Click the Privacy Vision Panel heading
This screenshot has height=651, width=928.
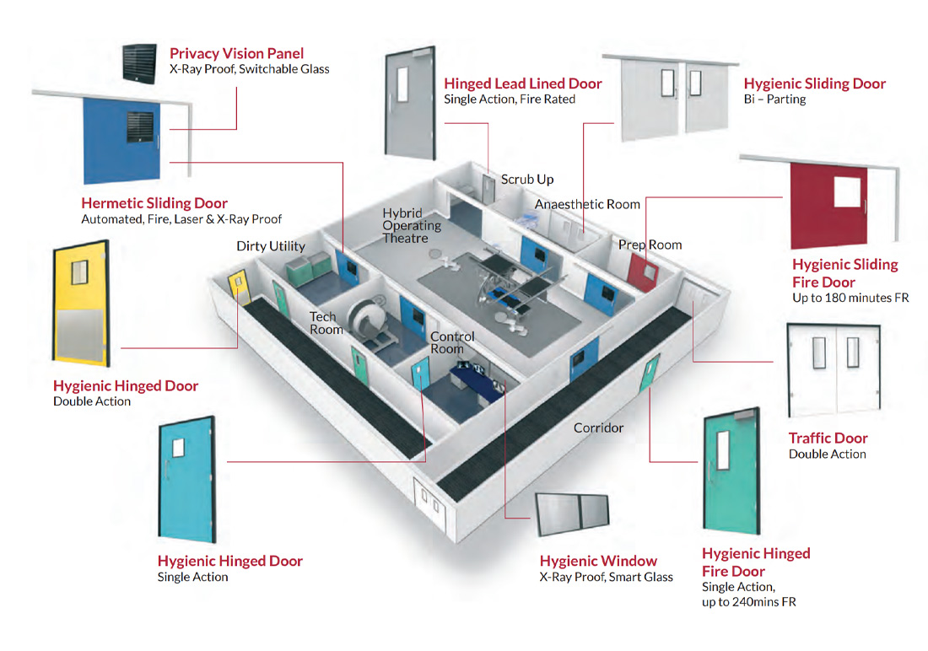(236, 53)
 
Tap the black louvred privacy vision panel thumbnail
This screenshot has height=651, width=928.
(141, 62)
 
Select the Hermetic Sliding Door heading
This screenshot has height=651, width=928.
(154, 203)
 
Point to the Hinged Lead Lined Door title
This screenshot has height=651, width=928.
(523, 83)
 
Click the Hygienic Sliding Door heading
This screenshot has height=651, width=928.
(814, 83)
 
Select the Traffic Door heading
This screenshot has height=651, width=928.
(828, 438)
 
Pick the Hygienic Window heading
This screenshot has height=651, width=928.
(598, 561)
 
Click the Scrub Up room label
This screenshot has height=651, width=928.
(526, 180)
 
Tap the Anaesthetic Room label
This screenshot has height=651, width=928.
(587, 204)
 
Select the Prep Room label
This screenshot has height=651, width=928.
(650, 245)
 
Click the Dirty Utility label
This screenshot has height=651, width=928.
(270, 246)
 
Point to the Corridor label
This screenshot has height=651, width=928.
(598, 428)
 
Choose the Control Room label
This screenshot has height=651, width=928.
(452, 342)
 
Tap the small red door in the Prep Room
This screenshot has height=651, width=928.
(647, 272)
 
